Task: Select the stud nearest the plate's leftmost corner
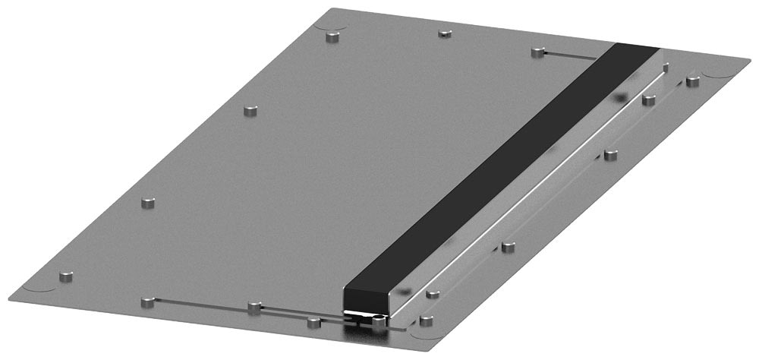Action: (x=66, y=276)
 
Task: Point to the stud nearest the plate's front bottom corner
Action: (x=427, y=321)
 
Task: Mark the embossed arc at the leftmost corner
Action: (x=42, y=290)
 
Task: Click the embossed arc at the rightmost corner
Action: (x=717, y=72)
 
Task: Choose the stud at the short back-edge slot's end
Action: (x=537, y=52)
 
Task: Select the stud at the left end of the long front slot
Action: (x=148, y=302)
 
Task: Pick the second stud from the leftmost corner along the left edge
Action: (x=149, y=203)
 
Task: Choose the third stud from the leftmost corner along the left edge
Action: (x=250, y=111)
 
